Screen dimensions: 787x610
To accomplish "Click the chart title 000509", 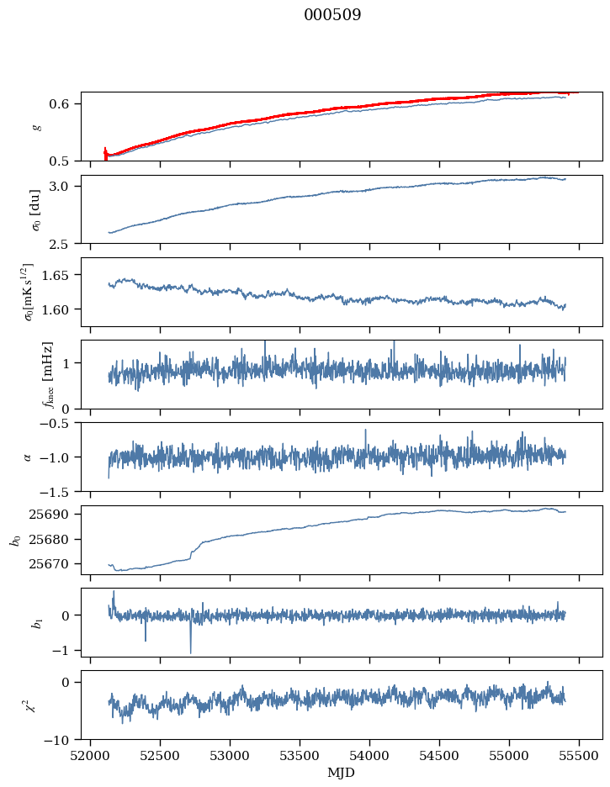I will [332, 15].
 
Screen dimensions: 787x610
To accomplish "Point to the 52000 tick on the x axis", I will [91, 755].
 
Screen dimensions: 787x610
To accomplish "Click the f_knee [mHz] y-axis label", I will [47, 374].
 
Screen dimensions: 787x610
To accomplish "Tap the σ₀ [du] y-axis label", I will [36, 209].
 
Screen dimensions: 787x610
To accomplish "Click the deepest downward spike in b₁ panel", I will [190, 652].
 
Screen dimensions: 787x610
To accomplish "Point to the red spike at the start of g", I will [105, 153].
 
